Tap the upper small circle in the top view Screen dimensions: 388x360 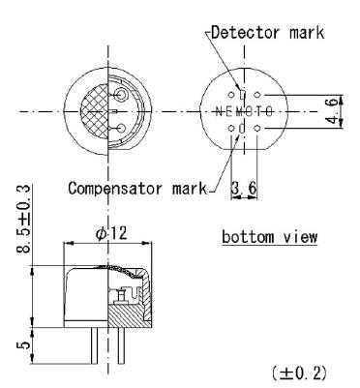coord(120,96)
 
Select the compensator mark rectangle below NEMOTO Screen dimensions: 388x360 coord(243,129)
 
